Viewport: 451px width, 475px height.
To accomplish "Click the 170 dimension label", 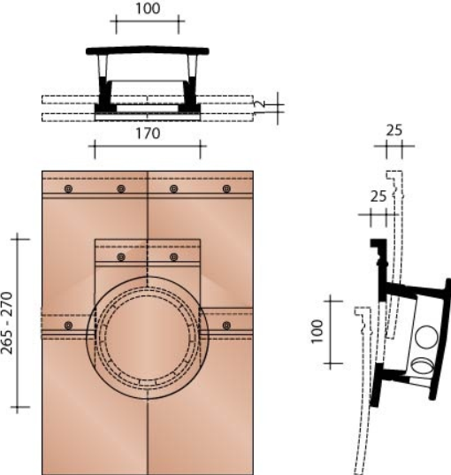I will pos(148,134).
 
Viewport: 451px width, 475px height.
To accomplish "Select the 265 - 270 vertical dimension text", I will pos(8,323).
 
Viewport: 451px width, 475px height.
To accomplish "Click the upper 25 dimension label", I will pos(394,131).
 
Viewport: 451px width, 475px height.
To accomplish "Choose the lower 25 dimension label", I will pos(378,195).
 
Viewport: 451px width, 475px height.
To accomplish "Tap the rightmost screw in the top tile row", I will pos(226,189).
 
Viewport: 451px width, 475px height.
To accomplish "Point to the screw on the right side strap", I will pos(227,326).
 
